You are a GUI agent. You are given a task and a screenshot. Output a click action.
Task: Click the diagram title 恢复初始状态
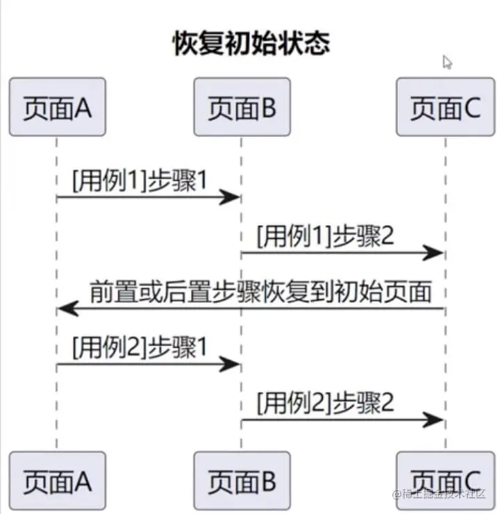point(251,44)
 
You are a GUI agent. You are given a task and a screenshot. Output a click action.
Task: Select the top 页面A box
point(57,107)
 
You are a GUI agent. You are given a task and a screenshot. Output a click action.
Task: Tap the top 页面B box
point(241,107)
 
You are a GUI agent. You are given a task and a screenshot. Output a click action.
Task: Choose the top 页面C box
point(444,107)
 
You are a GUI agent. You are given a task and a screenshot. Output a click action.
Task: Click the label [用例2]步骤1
point(139,347)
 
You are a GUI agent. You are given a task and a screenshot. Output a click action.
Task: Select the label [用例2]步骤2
point(325,402)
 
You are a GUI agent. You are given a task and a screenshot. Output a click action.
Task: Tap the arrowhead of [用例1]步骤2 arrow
point(433,254)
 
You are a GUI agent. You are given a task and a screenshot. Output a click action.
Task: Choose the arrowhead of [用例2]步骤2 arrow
point(433,420)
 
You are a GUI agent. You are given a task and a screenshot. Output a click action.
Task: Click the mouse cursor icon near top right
point(447,63)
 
